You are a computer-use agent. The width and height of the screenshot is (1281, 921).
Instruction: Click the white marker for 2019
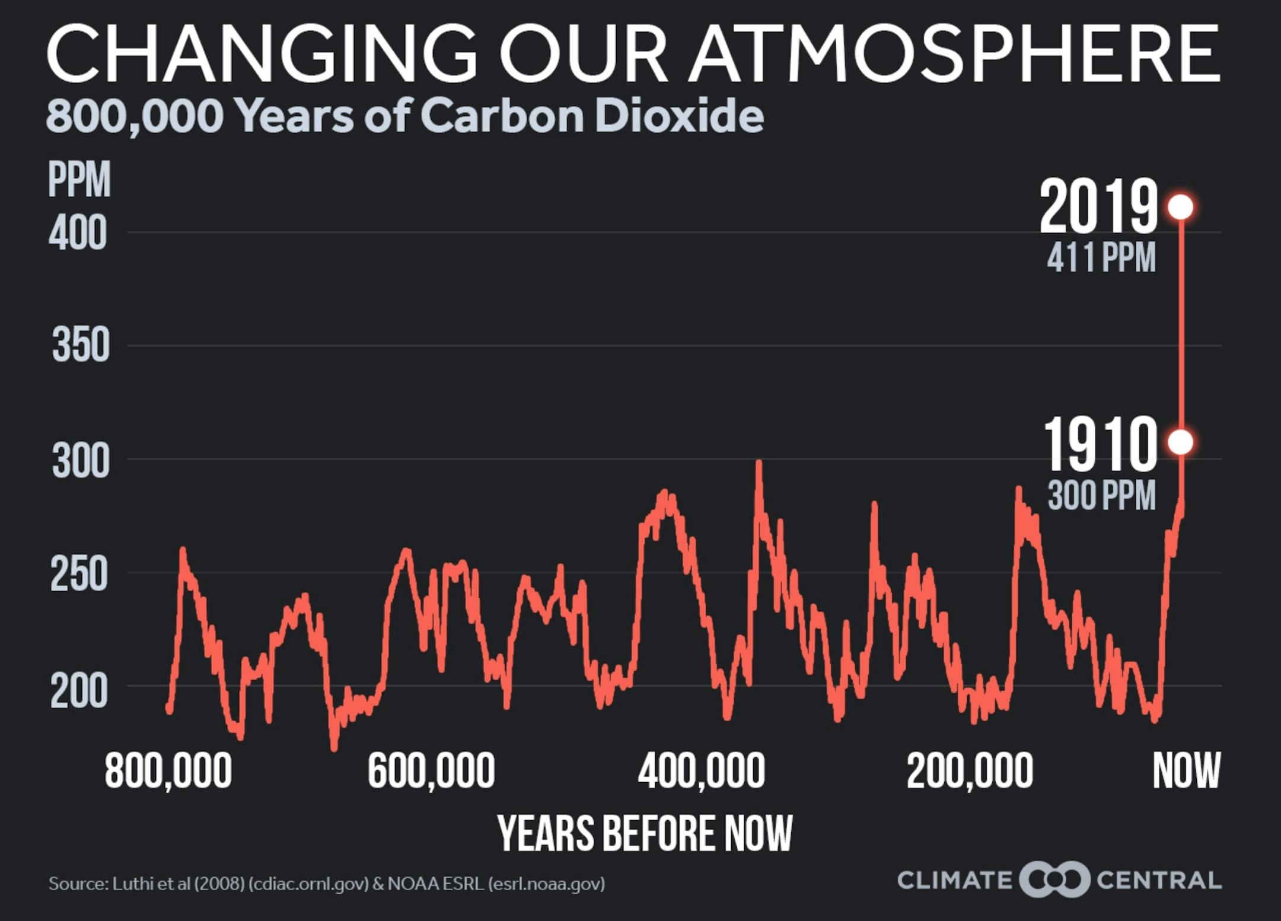(x=1180, y=207)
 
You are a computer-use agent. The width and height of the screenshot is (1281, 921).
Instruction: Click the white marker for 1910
(x=1180, y=442)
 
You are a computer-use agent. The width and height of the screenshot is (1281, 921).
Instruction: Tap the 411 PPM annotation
(x=1101, y=257)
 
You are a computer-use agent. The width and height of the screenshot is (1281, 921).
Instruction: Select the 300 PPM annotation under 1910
(x=1101, y=495)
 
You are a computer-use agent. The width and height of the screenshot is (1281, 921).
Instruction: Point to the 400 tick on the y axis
(x=78, y=232)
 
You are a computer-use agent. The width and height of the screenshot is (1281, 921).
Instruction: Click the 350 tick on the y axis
(x=81, y=345)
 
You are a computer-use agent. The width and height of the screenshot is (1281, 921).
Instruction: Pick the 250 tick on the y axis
(x=79, y=573)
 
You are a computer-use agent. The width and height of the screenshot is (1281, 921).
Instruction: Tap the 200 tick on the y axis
(x=79, y=691)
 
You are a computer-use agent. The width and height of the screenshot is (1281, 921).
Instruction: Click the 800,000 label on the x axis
(x=168, y=771)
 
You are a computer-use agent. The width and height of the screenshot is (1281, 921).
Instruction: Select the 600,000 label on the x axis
(x=431, y=771)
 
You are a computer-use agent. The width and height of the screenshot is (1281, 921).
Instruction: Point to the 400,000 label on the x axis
(x=701, y=771)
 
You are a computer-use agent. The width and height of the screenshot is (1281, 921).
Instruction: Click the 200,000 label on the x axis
(x=970, y=771)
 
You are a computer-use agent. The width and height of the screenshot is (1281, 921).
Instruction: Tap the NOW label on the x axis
(x=1186, y=770)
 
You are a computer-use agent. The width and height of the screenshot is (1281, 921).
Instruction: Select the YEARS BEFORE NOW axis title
(x=645, y=833)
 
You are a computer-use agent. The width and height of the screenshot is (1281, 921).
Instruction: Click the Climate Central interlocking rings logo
(x=1054, y=879)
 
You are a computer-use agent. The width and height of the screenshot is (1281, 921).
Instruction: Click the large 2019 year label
(x=1098, y=207)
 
